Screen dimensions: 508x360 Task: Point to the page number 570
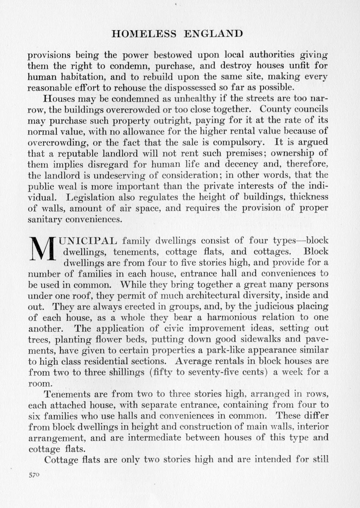tap(34, 475)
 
